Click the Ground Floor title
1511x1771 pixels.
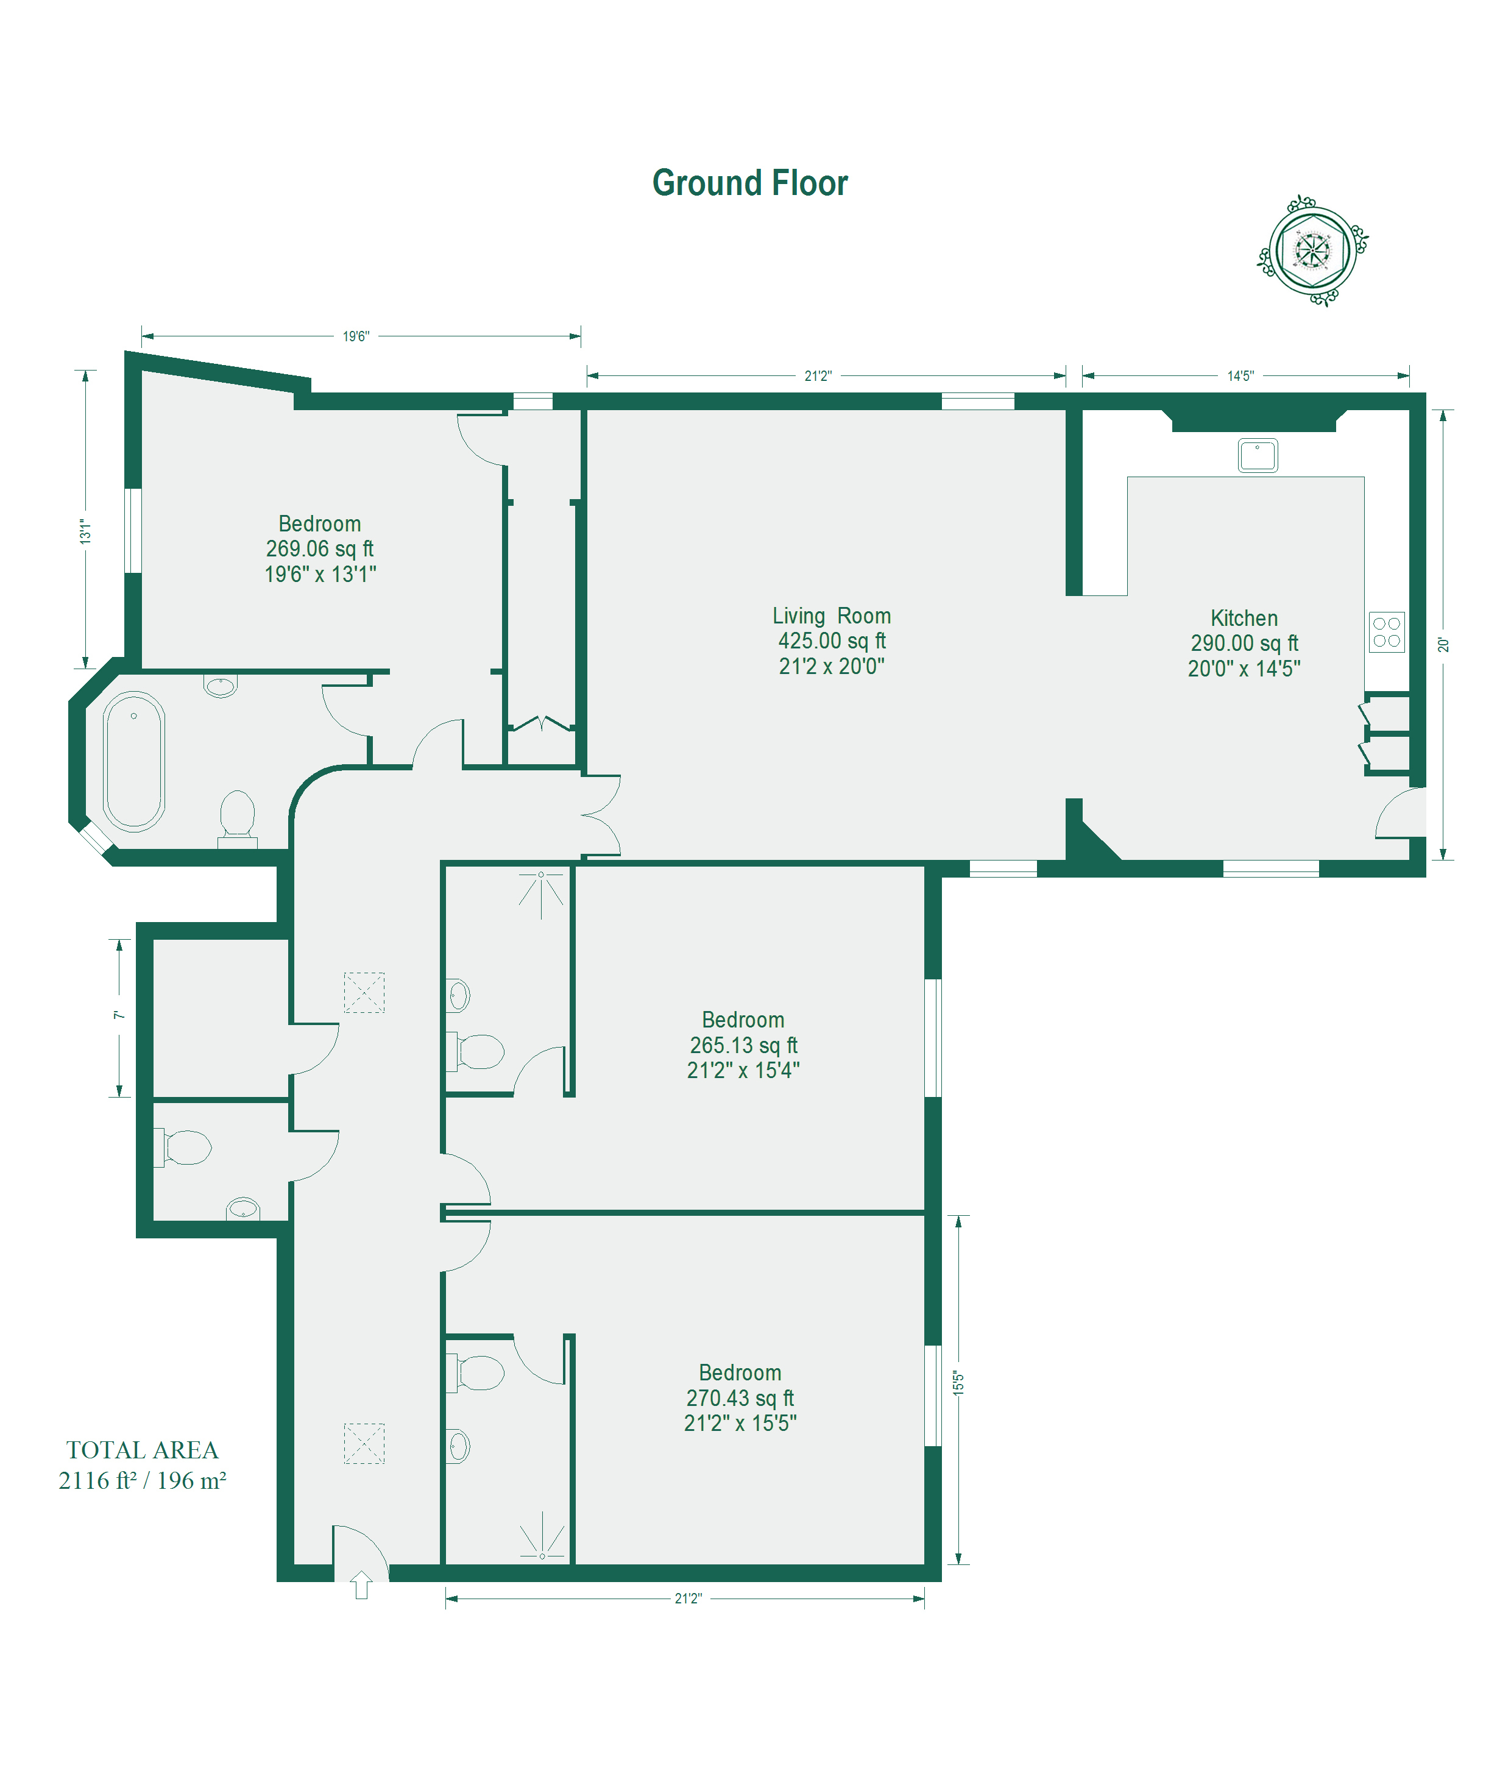pos(749,183)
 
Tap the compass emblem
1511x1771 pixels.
pos(1312,250)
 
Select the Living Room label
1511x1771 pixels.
pos(832,616)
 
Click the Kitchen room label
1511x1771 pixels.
pos(1244,618)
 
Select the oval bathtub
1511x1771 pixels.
pos(133,761)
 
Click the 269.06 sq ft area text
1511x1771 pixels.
pos(320,548)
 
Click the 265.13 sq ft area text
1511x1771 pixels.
pos(743,1045)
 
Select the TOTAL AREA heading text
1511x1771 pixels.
pos(143,1450)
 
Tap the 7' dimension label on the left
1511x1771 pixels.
pos(119,1015)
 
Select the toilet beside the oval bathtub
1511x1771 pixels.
pos(238,818)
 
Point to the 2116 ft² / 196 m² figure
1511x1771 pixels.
pos(143,1480)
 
